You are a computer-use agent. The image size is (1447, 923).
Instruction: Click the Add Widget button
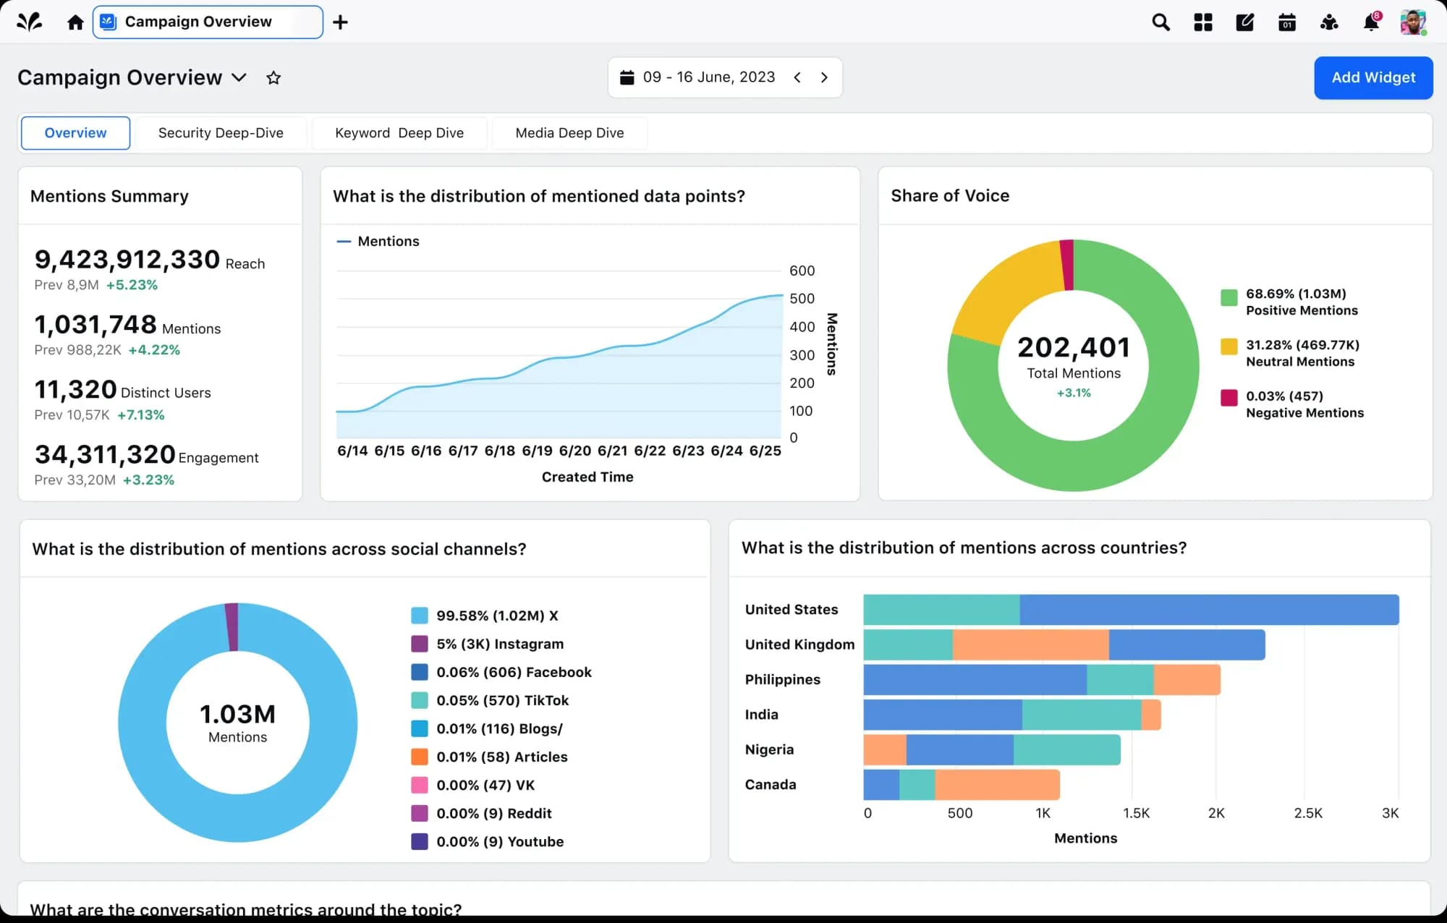tap(1372, 77)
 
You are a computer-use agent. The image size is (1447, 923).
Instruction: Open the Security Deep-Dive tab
tap(221, 133)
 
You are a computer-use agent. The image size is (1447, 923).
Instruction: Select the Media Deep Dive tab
tap(569, 133)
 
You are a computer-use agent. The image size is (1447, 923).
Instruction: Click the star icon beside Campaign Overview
tap(273, 78)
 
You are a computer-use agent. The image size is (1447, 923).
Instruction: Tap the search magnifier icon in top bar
tap(1160, 22)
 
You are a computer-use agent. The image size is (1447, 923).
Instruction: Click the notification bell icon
tap(1370, 22)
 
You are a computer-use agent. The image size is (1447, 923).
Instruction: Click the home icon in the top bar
tap(75, 22)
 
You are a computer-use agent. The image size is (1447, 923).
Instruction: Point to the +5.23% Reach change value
tap(132, 285)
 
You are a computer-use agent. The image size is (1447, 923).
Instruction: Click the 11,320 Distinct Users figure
tap(76, 390)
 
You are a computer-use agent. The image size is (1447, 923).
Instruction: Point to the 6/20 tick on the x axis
tap(574, 451)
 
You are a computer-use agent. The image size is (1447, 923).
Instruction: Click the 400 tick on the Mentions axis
tap(802, 327)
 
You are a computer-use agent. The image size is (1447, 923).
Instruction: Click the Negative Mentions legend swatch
tap(1229, 397)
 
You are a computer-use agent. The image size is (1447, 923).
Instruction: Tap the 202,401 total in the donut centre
tap(1073, 348)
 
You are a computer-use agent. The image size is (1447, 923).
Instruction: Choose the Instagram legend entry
tap(499, 644)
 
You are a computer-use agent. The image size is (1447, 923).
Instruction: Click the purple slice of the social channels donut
tap(232, 626)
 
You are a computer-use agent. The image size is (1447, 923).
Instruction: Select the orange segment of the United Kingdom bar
tap(1030, 645)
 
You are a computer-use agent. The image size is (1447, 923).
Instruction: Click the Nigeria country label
tap(769, 749)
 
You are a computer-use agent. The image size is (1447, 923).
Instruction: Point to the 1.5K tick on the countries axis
tap(1135, 813)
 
